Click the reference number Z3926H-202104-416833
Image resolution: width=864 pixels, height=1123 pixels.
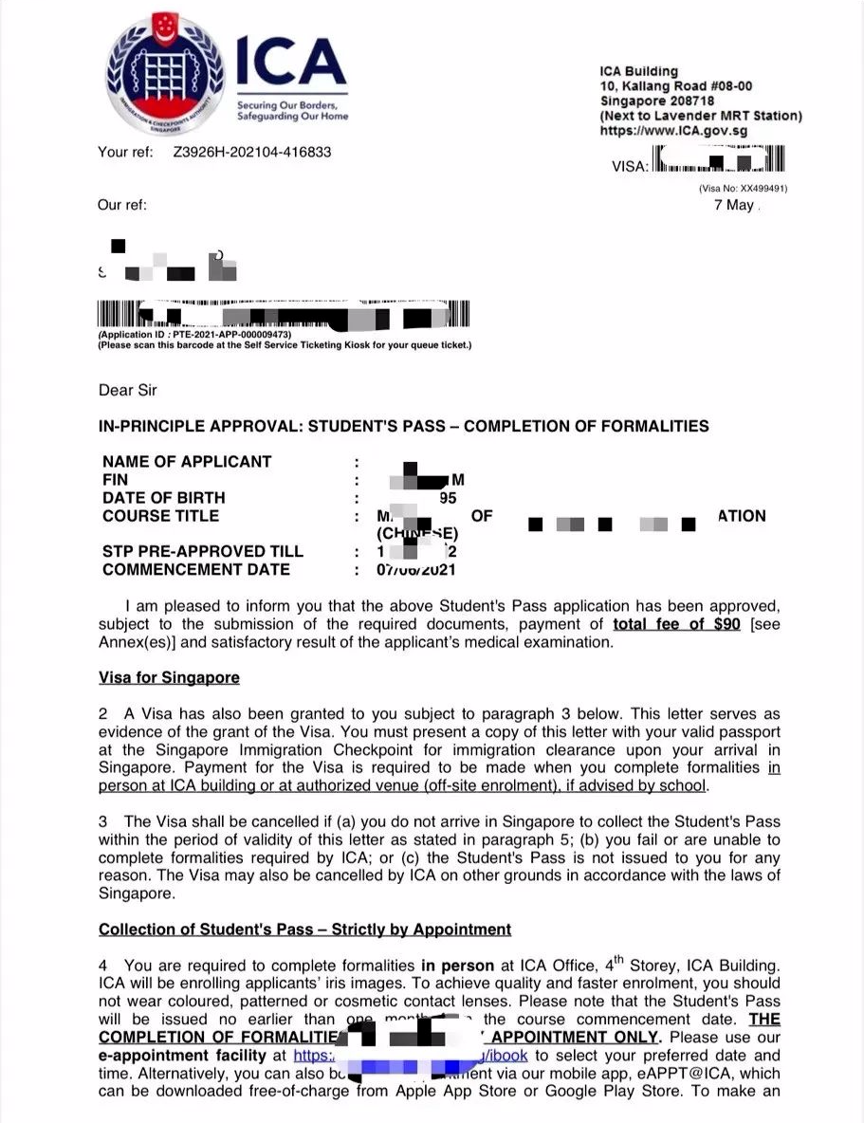pyautogui.click(x=252, y=152)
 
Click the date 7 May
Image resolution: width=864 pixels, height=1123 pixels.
pyautogui.click(x=734, y=205)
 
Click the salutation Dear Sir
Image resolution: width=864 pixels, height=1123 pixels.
pyautogui.click(x=127, y=390)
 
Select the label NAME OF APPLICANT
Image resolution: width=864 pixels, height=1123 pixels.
pyautogui.click(x=187, y=462)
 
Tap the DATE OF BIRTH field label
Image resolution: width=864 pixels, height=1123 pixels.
pyautogui.click(x=164, y=498)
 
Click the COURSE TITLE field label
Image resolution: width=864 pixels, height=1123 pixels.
pyautogui.click(x=160, y=516)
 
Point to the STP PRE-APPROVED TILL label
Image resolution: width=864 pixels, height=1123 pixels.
pyautogui.click(x=203, y=552)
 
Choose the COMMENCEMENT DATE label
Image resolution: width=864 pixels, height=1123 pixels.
pyautogui.click(x=196, y=570)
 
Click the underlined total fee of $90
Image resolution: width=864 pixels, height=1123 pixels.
pyautogui.click(x=676, y=624)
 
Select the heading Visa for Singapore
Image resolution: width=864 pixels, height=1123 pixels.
pyautogui.click(x=169, y=678)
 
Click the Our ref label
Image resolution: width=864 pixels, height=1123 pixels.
pyautogui.click(x=122, y=205)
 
